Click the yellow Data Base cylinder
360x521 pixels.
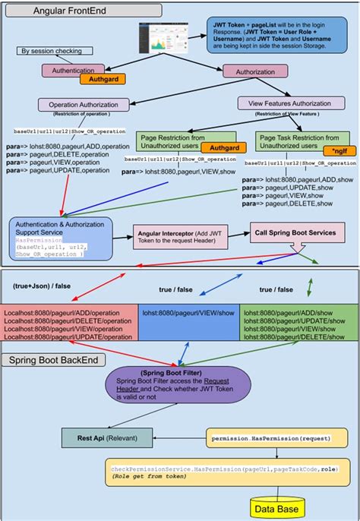click(x=279, y=507)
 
